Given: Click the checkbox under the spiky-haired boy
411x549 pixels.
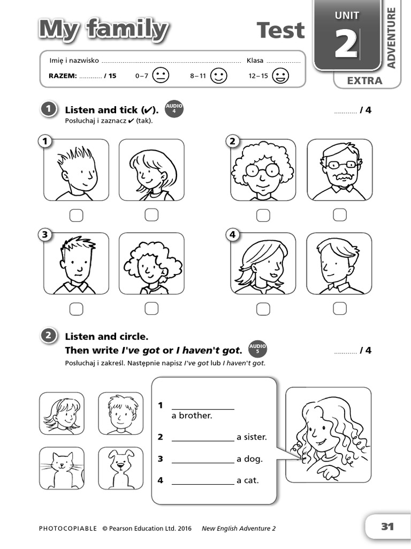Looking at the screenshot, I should [76, 216].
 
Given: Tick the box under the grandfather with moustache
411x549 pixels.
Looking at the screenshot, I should [340, 215].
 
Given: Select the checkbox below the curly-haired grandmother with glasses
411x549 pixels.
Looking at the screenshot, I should [263, 216].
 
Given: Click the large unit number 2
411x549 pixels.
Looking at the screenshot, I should [346, 44].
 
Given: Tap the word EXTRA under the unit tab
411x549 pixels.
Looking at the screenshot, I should [364, 81].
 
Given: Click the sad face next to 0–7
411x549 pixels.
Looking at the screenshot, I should [160, 76].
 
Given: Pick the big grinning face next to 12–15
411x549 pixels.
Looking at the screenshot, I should [280, 76].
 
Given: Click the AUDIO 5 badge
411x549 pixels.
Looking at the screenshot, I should [258, 349].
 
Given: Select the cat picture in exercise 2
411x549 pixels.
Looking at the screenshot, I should [62, 468].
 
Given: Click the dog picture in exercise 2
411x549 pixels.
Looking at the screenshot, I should [120, 468].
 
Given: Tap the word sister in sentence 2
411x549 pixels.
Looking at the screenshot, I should [255, 437].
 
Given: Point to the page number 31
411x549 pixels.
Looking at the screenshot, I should [387, 526].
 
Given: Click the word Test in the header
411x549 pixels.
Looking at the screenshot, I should [280, 31].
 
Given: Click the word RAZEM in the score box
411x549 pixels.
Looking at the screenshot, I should [63, 76].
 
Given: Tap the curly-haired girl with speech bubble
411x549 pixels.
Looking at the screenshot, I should [328, 435].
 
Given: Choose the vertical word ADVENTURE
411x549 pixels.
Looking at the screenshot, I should [391, 38].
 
